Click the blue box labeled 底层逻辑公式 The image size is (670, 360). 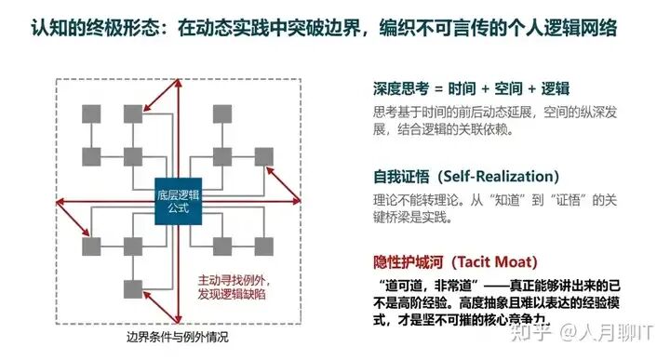click(178, 201)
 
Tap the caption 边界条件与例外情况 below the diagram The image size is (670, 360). click(178, 338)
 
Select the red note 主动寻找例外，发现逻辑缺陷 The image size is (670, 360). click(234, 287)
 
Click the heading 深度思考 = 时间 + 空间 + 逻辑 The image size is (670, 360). click(471, 88)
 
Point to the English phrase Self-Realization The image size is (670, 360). click(499, 177)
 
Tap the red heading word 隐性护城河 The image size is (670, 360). click(409, 261)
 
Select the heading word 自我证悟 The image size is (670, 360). click(401, 177)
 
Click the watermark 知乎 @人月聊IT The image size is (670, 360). click(582, 332)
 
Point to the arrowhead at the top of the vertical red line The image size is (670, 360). click(179, 83)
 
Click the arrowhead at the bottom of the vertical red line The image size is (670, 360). click(179, 319)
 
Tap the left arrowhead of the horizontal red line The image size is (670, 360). click(60, 202)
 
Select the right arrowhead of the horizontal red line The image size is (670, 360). click(297, 201)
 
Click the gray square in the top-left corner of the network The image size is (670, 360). click(91, 114)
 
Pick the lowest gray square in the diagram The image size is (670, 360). click(133, 289)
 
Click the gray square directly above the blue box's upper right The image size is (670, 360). click(222, 156)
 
